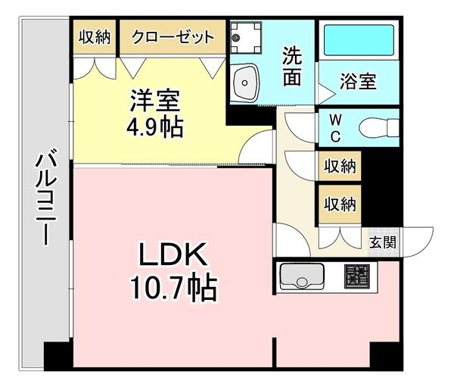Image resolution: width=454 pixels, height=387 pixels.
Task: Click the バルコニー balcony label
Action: [x=42, y=198]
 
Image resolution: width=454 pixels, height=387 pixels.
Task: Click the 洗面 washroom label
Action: [x=294, y=66]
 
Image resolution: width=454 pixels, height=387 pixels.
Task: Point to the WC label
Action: [x=334, y=127]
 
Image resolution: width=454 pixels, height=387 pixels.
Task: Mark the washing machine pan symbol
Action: [x=244, y=36]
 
